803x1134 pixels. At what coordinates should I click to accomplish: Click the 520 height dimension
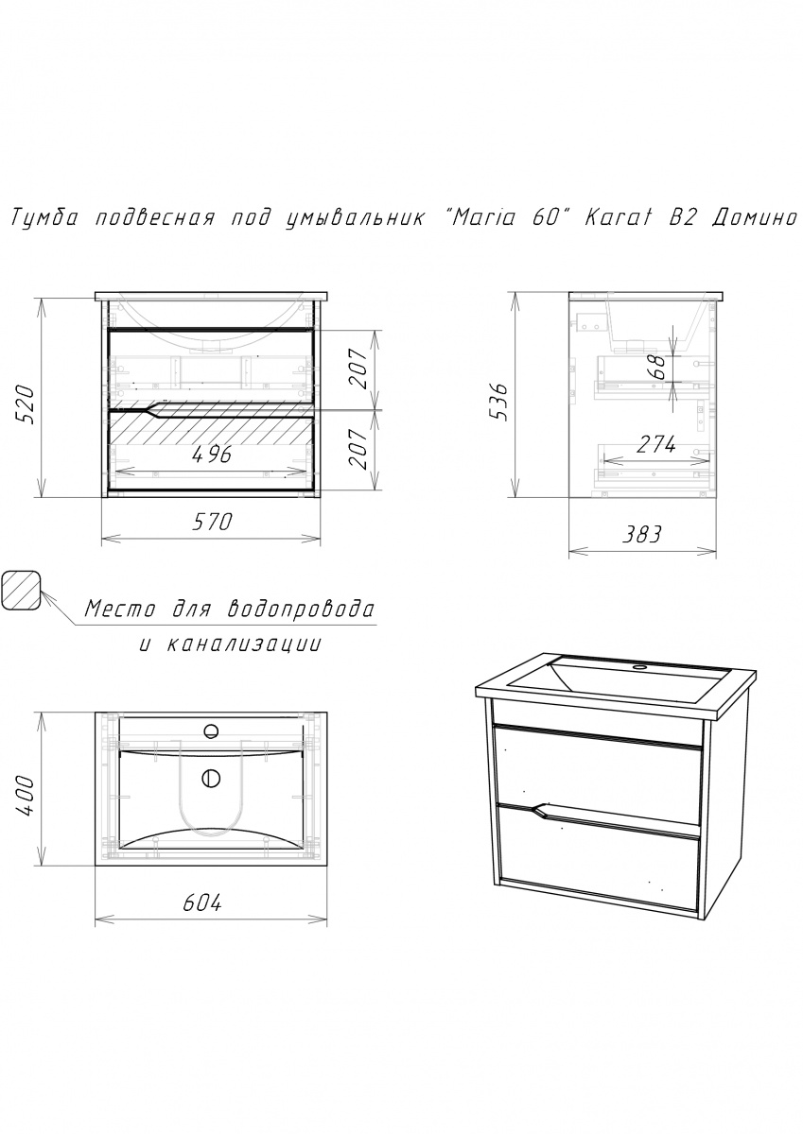point(25,405)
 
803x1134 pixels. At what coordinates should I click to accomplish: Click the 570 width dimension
point(212,522)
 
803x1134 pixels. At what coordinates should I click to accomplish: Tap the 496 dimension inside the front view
point(212,455)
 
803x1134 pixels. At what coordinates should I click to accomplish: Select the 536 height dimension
point(498,402)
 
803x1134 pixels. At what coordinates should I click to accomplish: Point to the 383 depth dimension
point(642,534)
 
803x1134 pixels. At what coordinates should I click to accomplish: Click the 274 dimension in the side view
point(656,445)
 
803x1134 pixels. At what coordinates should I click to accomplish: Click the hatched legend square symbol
point(21,591)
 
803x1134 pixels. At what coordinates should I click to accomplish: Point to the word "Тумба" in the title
point(44,218)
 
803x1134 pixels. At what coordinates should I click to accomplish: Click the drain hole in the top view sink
point(211,778)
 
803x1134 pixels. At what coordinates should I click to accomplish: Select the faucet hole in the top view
point(211,730)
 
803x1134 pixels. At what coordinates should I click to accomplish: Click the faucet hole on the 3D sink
point(641,668)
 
